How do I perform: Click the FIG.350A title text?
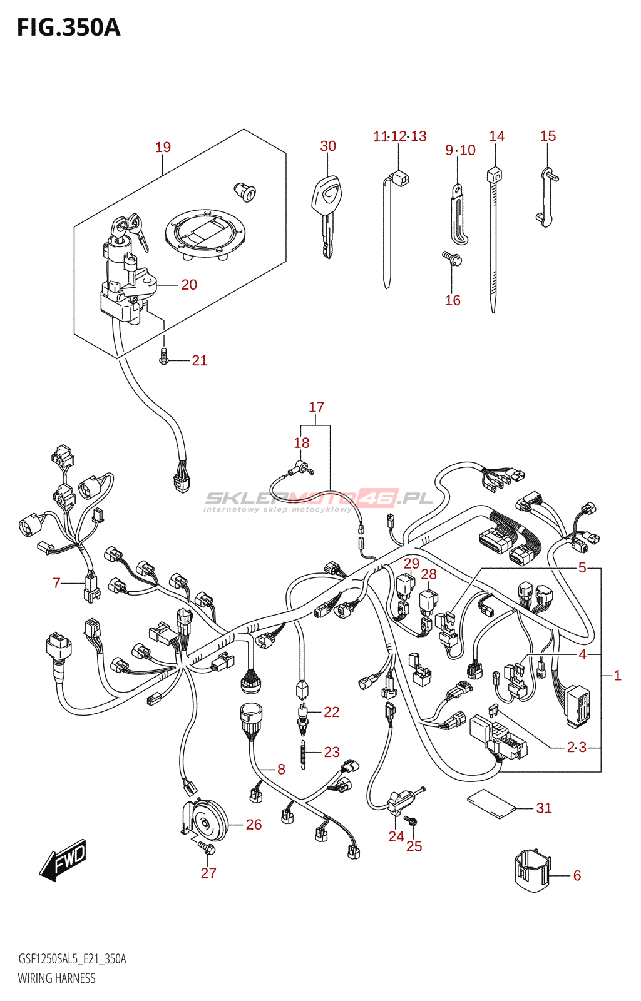point(68,28)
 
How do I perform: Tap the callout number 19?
point(163,147)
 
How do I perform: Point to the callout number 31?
point(544,808)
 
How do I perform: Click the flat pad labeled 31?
point(491,803)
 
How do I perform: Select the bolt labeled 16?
point(452,258)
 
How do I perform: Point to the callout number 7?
point(56,583)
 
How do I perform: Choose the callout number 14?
point(496,136)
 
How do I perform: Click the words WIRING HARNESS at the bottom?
point(56,978)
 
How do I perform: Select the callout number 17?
point(316,407)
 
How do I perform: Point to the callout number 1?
point(617,675)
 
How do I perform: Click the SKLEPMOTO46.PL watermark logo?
point(319,499)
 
